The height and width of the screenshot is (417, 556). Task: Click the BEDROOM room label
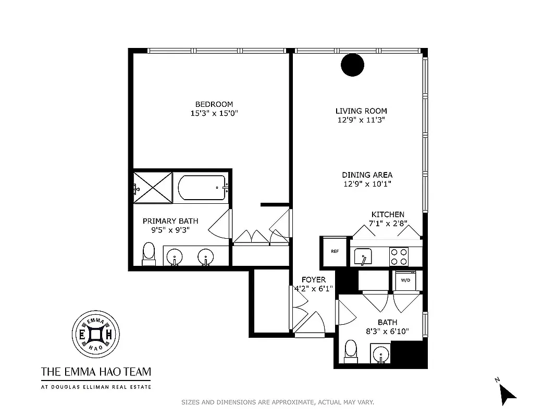[214, 104]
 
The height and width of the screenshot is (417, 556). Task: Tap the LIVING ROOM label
[361, 111]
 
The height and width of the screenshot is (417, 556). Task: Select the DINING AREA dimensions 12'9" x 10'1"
[367, 183]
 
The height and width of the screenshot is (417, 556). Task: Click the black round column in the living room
[352, 65]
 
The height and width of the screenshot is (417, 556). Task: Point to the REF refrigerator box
[335, 251]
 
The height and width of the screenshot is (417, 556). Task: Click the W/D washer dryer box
[405, 280]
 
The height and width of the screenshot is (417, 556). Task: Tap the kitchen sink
[363, 256]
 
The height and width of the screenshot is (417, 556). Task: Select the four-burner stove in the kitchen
[399, 256]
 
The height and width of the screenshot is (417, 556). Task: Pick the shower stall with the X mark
[153, 186]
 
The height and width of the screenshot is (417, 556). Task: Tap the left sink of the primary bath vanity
[175, 256]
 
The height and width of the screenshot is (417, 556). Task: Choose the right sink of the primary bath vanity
[205, 256]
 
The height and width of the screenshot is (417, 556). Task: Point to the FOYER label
[313, 280]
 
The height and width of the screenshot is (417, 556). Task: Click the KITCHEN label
[388, 215]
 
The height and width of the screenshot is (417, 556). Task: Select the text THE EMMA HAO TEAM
[96, 372]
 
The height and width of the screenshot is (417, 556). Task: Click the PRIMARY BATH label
[170, 221]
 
